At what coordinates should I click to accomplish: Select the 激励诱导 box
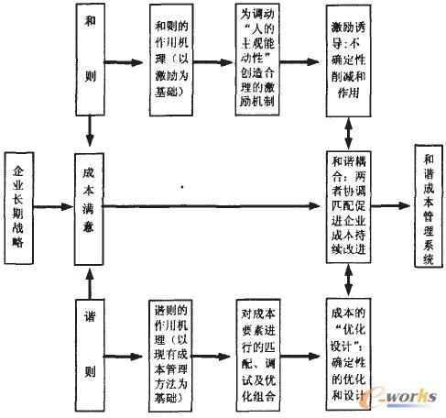(354, 62)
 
